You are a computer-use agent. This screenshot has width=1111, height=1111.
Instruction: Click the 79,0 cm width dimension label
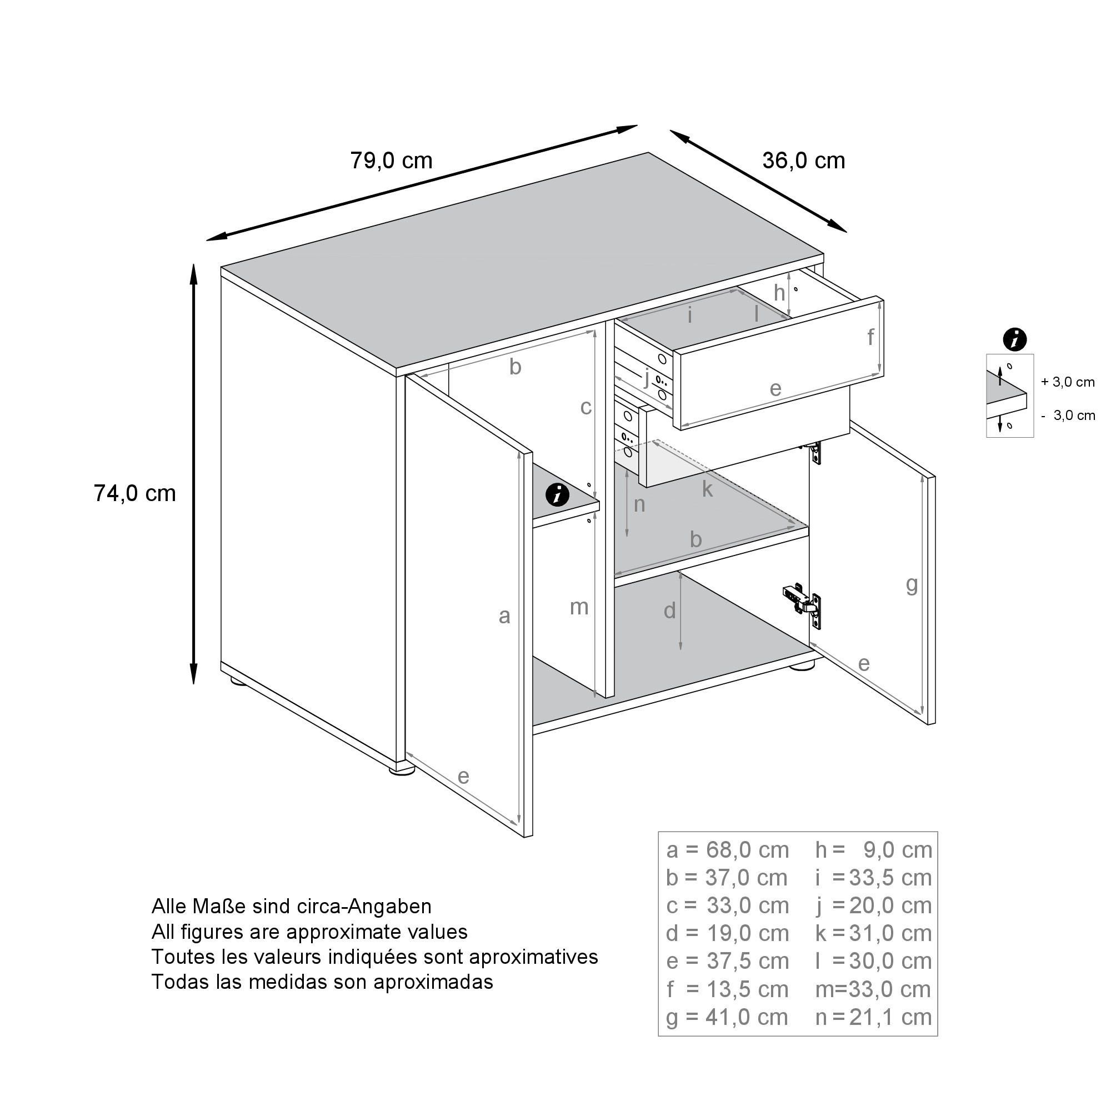pos(391,161)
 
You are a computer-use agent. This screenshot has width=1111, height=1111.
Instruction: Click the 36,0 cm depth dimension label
pos(803,161)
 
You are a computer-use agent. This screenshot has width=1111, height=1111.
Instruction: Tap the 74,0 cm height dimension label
pos(134,493)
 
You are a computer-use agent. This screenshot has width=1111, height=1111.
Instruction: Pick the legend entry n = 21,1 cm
pos(873,1017)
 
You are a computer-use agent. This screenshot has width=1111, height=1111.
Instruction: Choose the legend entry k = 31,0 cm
pos(873,933)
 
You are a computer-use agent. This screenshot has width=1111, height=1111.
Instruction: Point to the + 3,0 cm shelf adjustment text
pos(1067,382)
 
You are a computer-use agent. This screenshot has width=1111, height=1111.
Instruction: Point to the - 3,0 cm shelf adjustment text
pos(1067,415)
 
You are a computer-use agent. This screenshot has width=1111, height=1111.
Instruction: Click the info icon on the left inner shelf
pos(557,494)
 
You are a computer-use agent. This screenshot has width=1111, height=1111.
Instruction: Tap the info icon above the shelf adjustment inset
pos(1014,339)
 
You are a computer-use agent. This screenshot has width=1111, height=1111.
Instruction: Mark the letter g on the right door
pos(912,584)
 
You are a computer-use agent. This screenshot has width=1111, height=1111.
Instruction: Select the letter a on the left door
pos(504,616)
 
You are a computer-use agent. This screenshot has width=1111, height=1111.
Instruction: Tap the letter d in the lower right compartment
pos(669,610)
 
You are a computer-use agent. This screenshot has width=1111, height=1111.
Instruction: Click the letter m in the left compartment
pos(578,607)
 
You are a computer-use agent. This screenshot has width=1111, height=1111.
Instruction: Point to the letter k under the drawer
pos(707,489)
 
